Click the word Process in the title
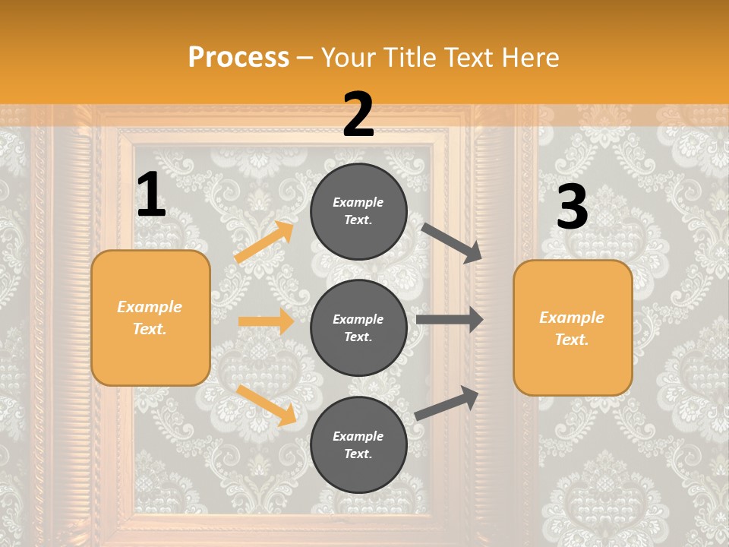(238, 57)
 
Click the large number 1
(151, 195)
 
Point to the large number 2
(358, 115)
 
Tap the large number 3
(572, 207)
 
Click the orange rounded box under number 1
(150, 318)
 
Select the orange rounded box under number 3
(573, 328)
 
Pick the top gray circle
(358, 211)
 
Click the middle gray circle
(358, 328)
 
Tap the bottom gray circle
(358, 445)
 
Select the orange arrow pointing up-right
(264, 242)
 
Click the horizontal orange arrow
(266, 321)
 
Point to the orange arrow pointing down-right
(267, 405)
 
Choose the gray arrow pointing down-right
(452, 243)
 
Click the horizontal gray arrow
(450, 320)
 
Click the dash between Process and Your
(305, 58)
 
